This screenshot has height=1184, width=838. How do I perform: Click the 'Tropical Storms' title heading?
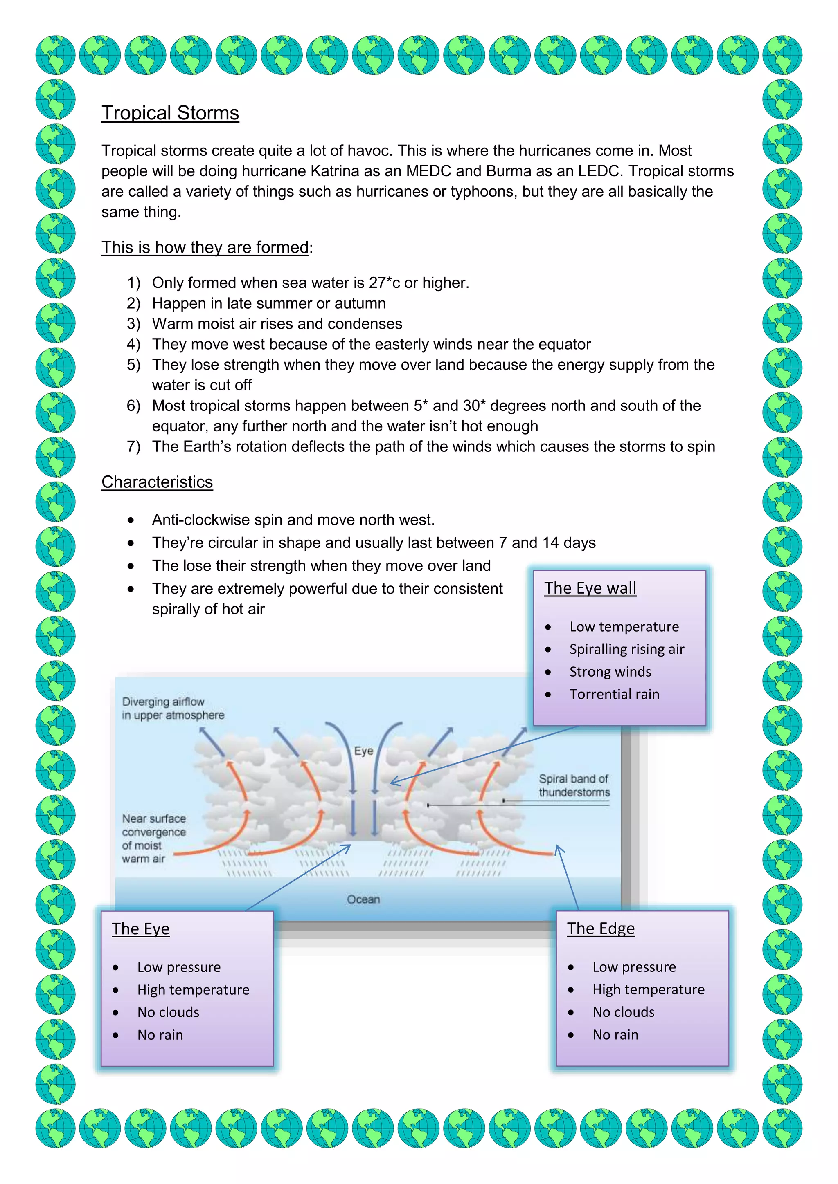pos(170,113)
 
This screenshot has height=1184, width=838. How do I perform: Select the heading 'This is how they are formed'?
pos(205,247)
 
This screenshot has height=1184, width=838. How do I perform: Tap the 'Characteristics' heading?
pos(157,482)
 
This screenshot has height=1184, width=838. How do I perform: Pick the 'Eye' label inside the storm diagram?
pos(363,751)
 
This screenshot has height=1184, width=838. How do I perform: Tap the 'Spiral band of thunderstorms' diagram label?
pos(574,785)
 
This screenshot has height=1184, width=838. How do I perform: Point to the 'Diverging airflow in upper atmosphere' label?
pos(173,709)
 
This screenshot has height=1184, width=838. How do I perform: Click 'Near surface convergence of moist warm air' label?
pos(153,838)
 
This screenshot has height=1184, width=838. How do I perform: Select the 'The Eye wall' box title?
pos(590,588)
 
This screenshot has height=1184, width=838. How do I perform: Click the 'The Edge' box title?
pos(601,928)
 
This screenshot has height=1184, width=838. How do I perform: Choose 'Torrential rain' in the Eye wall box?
pos(614,694)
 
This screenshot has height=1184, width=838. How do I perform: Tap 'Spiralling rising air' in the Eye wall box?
pos(626,649)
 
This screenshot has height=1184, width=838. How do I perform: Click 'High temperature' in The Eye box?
pos(193,989)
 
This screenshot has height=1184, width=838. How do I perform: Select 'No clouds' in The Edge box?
pos(623,1012)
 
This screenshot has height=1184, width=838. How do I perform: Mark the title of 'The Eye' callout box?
pos(140,929)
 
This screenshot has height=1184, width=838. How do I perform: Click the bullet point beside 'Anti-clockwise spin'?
pos(131,520)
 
